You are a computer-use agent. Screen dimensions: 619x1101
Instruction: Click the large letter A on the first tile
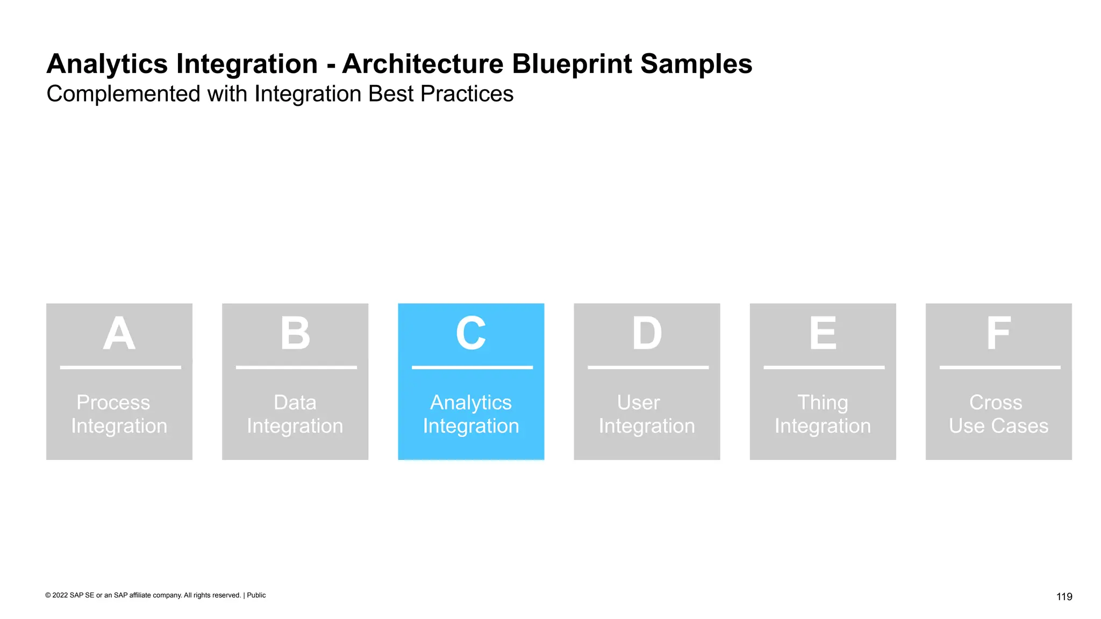tap(119, 334)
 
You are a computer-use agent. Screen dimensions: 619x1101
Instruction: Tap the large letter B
tap(295, 334)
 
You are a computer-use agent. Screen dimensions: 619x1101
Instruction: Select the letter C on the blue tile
tap(471, 334)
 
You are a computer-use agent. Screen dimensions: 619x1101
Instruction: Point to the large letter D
tap(647, 334)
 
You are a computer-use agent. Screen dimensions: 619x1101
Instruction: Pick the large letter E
tap(823, 334)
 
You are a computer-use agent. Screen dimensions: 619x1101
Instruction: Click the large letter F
tap(998, 334)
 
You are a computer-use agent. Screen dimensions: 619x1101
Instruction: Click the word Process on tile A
tap(113, 402)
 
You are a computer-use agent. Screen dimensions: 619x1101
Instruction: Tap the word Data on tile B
tap(295, 402)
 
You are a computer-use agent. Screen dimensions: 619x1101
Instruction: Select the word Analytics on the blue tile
tap(471, 403)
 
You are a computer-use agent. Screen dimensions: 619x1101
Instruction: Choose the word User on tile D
tap(639, 402)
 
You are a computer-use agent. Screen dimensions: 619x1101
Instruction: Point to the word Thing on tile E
tap(823, 403)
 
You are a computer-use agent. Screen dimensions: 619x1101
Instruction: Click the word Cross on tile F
tap(996, 402)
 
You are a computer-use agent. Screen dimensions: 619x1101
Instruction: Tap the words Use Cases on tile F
tap(998, 426)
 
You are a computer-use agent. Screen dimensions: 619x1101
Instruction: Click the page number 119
tap(1064, 596)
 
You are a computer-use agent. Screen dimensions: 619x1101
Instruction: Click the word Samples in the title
tap(696, 64)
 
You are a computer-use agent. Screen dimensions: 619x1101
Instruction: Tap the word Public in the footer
tap(256, 595)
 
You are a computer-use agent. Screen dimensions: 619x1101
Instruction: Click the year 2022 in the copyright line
tap(60, 595)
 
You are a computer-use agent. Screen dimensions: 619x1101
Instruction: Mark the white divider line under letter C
tap(472, 368)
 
